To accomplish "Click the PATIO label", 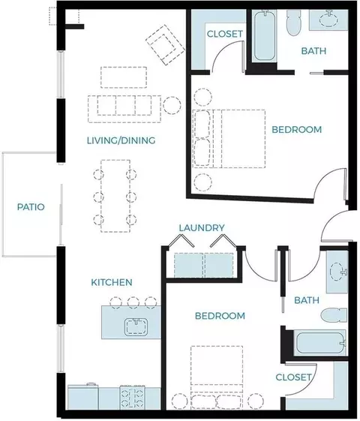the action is pyautogui.click(x=31, y=207).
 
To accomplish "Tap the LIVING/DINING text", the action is pyautogui.click(x=121, y=140).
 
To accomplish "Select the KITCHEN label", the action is pyautogui.click(x=112, y=282).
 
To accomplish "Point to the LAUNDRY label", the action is pyautogui.click(x=202, y=228).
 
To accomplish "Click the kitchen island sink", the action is pyautogui.click(x=136, y=326).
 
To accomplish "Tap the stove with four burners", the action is pyautogui.click(x=132, y=398).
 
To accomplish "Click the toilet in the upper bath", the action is pyautogui.click(x=294, y=23).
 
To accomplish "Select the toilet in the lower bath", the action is pyautogui.click(x=334, y=315).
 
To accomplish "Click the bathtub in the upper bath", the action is pyautogui.click(x=265, y=35).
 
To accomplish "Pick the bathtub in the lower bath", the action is pyautogui.click(x=320, y=343).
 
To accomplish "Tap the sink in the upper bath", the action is pyautogui.click(x=329, y=20).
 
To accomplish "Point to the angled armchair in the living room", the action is pyautogui.click(x=165, y=45).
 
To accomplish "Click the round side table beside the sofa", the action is pyautogui.click(x=172, y=106).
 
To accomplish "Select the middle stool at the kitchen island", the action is pyautogui.click(x=133, y=302).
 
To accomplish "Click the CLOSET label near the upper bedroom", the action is pyautogui.click(x=225, y=34).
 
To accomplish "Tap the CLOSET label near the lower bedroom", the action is pyautogui.click(x=293, y=377).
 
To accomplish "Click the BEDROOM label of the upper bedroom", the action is pyautogui.click(x=297, y=130).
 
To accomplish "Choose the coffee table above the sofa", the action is pyautogui.click(x=124, y=77).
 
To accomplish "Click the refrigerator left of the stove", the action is pyautogui.click(x=83, y=397).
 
